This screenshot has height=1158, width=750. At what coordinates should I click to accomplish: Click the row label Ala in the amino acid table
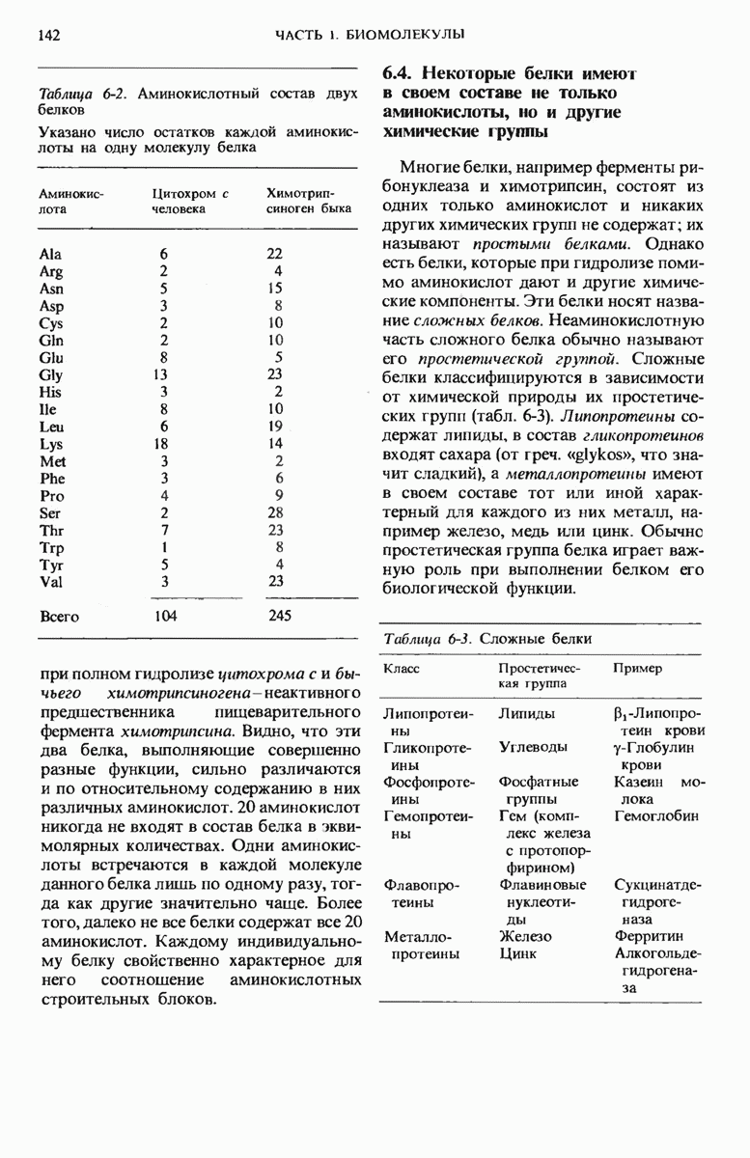point(49,254)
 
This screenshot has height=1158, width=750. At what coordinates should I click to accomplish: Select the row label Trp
point(51,547)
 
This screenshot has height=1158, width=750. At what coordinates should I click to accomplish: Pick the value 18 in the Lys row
point(164,445)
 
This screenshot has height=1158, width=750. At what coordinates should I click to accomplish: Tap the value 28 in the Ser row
point(276,512)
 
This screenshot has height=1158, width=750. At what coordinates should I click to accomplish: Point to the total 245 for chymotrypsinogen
point(280,616)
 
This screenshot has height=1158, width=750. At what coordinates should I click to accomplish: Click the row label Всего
point(59,616)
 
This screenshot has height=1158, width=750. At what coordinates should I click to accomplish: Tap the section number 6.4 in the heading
point(400,74)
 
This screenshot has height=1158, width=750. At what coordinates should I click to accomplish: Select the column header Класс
point(403,668)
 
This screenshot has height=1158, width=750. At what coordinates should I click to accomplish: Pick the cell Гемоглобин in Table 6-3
point(653,816)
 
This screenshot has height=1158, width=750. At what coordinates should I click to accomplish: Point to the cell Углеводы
point(530,747)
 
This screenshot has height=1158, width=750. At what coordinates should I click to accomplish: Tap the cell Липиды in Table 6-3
point(526,714)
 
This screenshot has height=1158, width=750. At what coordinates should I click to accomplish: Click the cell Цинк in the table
point(518,953)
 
